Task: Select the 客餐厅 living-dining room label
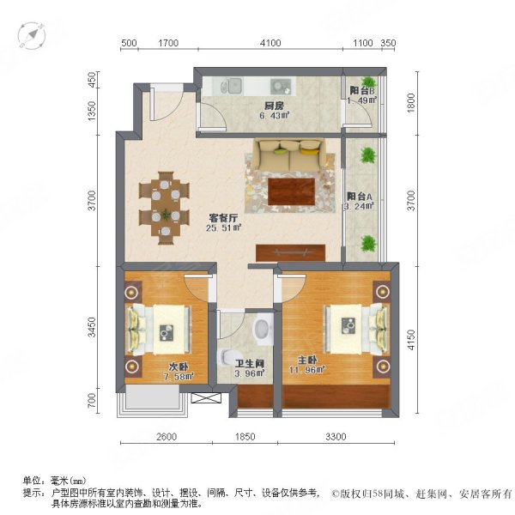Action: (x=221, y=217)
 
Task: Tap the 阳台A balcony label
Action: (x=360, y=195)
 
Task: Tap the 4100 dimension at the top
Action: (x=270, y=42)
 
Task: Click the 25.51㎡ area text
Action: (x=223, y=228)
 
